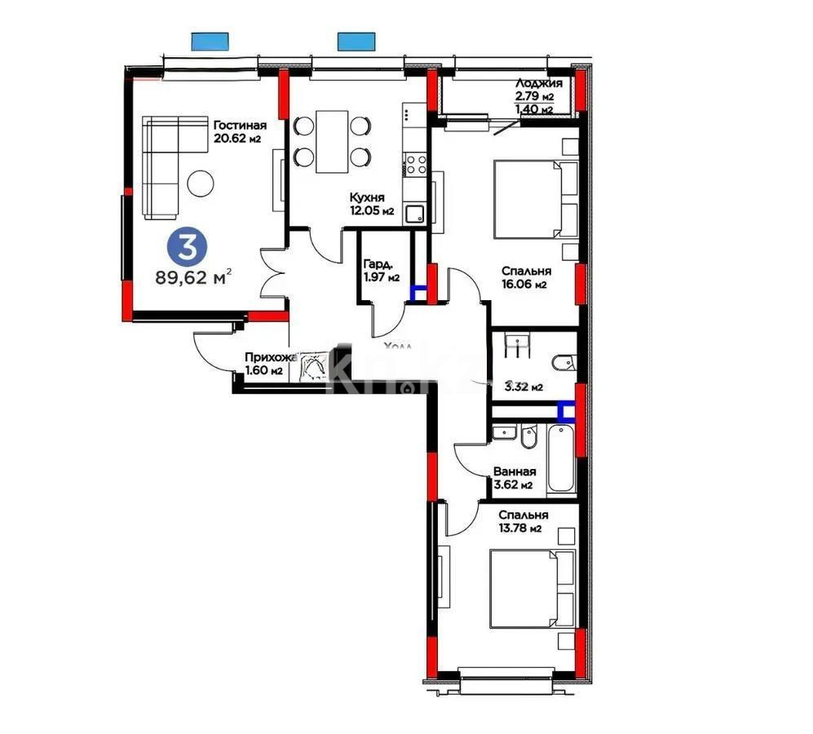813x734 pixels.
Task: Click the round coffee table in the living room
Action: (201, 183)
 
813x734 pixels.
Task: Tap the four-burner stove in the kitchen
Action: (417, 165)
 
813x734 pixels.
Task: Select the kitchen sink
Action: (416, 215)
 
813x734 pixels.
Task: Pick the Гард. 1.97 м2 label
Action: (382, 270)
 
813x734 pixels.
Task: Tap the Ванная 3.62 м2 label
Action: (514, 478)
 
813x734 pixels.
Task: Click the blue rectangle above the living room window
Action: (210, 40)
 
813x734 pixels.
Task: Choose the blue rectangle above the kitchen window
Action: (354, 40)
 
